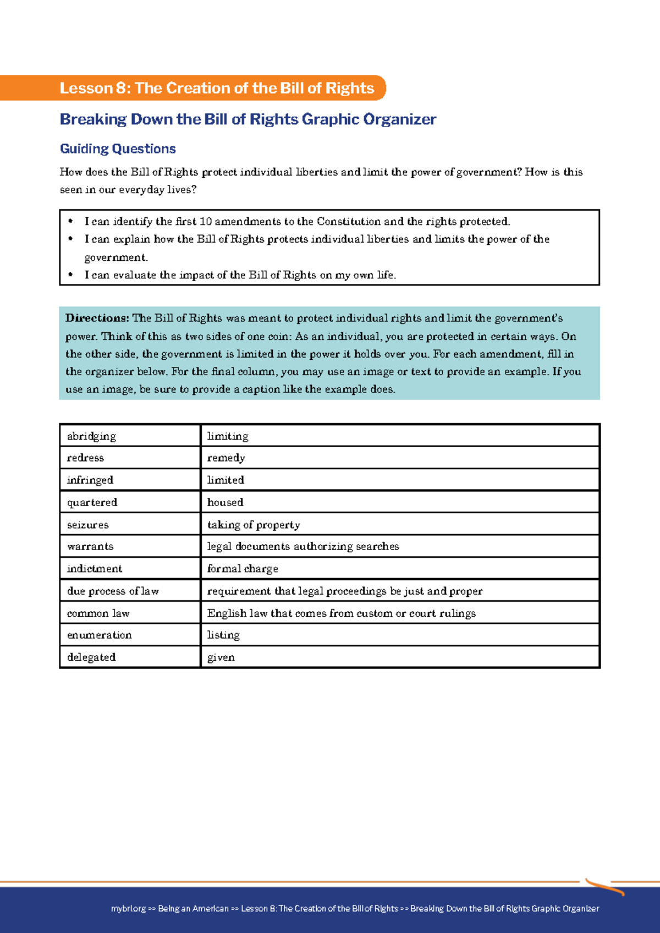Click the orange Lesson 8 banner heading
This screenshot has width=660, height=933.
click(x=217, y=88)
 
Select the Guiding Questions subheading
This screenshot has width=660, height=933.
click(x=118, y=149)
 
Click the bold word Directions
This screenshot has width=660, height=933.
click(x=97, y=318)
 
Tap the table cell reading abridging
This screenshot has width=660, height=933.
click(x=91, y=436)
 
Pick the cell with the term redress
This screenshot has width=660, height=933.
click(x=85, y=458)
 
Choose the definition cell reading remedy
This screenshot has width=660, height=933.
click(x=226, y=458)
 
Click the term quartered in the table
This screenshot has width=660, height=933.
click(x=92, y=502)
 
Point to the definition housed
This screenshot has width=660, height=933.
click(x=225, y=502)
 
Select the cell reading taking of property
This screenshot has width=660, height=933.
click(x=254, y=525)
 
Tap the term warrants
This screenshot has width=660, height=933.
click(x=90, y=546)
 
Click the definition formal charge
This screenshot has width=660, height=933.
click(x=243, y=569)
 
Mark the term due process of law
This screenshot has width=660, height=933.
click(x=113, y=591)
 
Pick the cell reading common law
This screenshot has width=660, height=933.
click(x=98, y=613)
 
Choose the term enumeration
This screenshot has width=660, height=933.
click(x=100, y=635)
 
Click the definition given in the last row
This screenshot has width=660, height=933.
click(x=221, y=657)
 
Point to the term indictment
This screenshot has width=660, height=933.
click(x=95, y=569)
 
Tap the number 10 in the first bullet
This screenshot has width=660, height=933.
click(x=205, y=222)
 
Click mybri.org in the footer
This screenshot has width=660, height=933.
click(x=128, y=908)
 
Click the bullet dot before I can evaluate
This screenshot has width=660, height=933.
click(x=70, y=275)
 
